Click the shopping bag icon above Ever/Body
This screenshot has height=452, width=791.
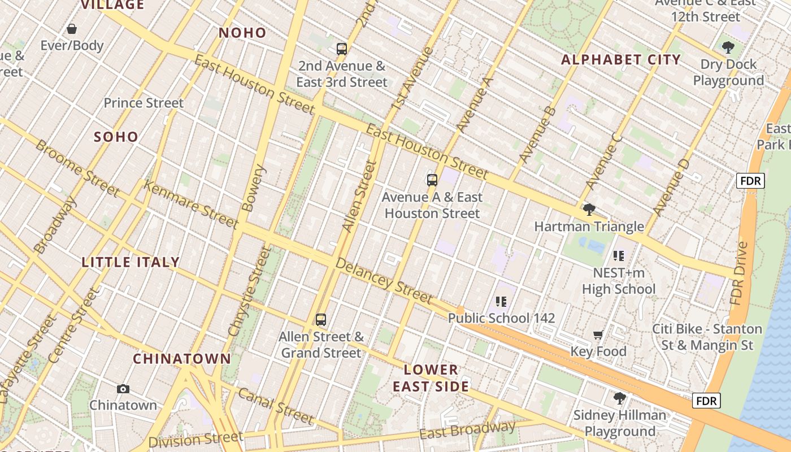72,29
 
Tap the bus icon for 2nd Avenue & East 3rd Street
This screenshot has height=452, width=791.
341,49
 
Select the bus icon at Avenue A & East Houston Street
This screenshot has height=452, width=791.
432,180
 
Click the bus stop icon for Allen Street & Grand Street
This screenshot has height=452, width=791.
321,320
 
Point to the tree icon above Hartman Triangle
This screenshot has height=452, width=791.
589,210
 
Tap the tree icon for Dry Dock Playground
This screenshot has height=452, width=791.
728,47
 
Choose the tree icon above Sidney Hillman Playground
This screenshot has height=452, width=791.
619,398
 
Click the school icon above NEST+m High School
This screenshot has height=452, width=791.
619,256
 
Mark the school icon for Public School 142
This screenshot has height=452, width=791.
501,302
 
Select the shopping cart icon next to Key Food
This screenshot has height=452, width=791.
598,335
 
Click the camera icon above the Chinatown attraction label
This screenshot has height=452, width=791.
123,389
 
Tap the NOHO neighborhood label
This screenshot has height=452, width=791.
242,33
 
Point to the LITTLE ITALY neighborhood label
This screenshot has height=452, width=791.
131,262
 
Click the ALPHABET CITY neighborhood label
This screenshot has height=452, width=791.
621,60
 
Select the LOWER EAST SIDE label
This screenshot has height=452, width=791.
431,378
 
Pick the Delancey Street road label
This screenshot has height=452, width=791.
384,280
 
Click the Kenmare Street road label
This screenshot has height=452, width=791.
191,204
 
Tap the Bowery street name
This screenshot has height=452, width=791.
253,188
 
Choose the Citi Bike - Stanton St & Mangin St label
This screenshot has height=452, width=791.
707,337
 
